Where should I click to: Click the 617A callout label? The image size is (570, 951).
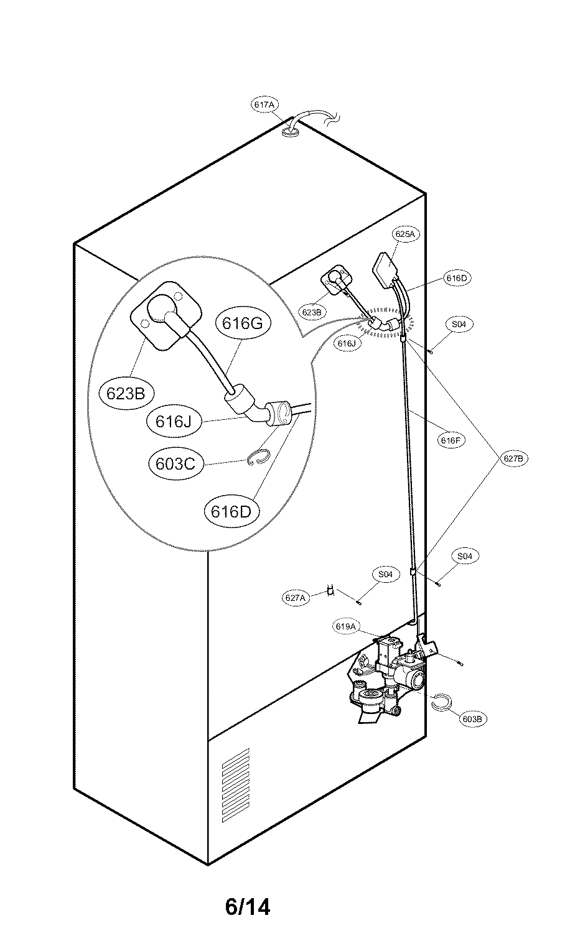coord(264,104)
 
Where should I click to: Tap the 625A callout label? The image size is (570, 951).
coord(404,234)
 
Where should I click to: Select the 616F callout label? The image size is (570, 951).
coord(451,440)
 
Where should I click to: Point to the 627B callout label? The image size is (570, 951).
coord(513,458)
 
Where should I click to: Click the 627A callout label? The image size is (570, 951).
coord(295,598)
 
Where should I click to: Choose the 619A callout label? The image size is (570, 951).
coord(345,626)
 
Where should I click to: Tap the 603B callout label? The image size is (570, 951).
coord(473,719)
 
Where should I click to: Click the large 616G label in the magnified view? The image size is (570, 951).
coord(243,323)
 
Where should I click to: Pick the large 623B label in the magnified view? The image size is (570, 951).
coord(126,394)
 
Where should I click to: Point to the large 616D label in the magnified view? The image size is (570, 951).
coord(231,512)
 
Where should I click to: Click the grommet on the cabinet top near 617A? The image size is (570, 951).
coord(290,134)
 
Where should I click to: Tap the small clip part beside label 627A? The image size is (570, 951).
coord(330,590)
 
